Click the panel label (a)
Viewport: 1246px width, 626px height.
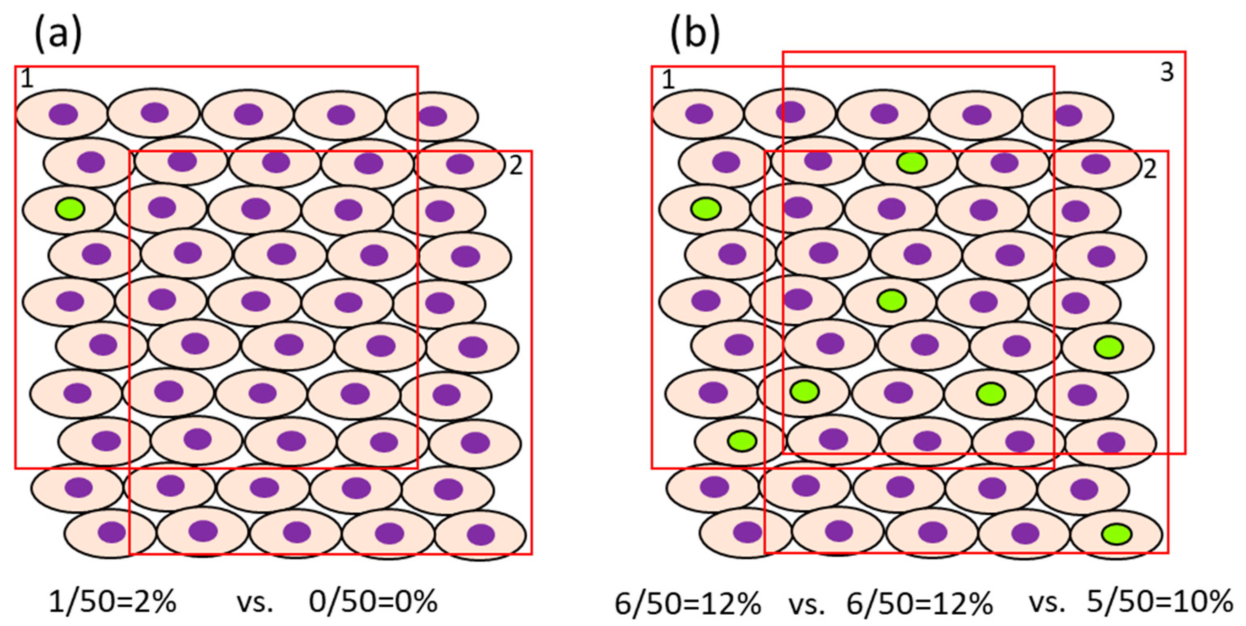pyautogui.click(x=58, y=33)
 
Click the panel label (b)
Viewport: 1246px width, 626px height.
pyautogui.click(x=695, y=33)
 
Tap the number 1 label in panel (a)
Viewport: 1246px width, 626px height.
pyautogui.click(x=27, y=79)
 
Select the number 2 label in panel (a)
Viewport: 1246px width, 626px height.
pyautogui.click(x=516, y=166)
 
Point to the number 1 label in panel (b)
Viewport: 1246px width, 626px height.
pyautogui.click(x=668, y=79)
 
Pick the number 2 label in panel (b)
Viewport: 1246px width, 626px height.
pyautogui.click(x=1150, y=169)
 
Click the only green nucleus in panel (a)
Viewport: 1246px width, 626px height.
pyautogui.click(x=70, y=209)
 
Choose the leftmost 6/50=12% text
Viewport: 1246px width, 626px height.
pyautogui.click(x=688, y=603)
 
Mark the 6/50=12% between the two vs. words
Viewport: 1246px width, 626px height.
pyautogui.click(x=920, y=603)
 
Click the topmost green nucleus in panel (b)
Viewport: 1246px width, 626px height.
pyautogui.click(x=912, y=162)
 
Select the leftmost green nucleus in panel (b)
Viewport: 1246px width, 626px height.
pyautogui.click(x=706, y=209)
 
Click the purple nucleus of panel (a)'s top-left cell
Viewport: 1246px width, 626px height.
pyautogui.click(x=63, y=115)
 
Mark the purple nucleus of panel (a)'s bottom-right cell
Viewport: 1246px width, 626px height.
pyautogui.click(x=481, y=534)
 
